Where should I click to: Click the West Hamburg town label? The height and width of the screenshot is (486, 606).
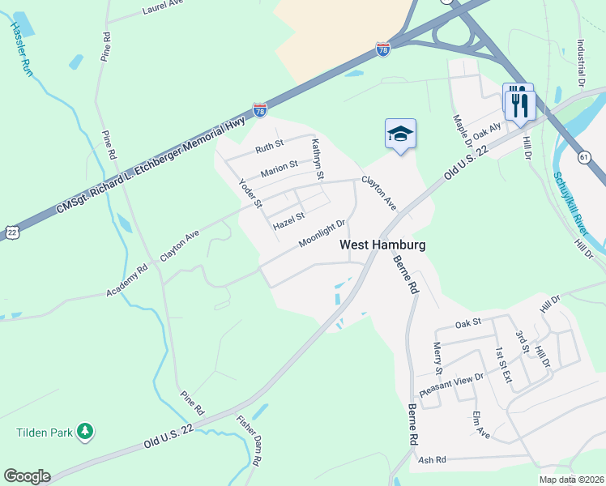pos(382,244)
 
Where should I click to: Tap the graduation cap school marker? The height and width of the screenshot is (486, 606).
pos(400,133)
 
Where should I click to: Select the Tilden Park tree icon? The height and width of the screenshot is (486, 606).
pos(85,432)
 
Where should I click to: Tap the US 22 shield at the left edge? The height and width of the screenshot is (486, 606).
pos(12,232)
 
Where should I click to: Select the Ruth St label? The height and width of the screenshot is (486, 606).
pos(269,147)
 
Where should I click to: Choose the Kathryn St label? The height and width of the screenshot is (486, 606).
pos(318,159)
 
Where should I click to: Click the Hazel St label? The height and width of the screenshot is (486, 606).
pos(288,219)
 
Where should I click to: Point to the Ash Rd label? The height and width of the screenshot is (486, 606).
pos(433,460)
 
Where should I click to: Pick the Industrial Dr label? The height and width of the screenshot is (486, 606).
pos(581,62)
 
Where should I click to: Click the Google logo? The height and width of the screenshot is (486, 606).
pos(27,476)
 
